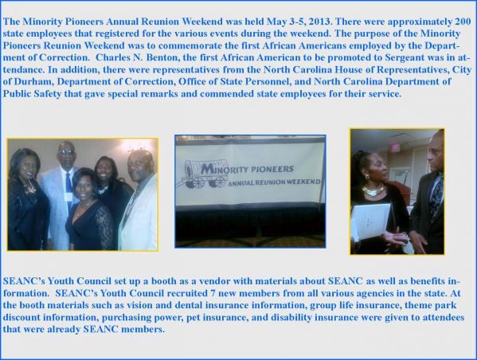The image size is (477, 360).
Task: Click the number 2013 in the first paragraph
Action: (317, 22)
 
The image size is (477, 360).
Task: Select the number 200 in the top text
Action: (463, 22)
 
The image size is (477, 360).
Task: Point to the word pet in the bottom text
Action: (193, 317)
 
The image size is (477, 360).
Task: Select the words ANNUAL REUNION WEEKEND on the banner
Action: (275, 182)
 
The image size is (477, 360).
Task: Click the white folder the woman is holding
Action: (371, 221)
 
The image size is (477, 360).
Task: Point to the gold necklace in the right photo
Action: (373, 191)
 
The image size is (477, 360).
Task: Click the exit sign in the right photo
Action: (395, 147)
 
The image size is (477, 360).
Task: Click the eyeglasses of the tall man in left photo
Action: (66, 151)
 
